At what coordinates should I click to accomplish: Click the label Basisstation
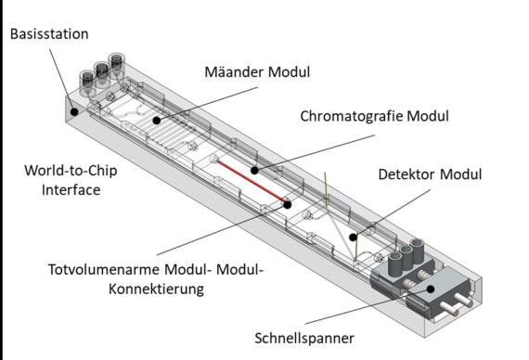pyautogui.click(x=49, y=34)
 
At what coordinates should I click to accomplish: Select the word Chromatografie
pyautogui.click(x=352, y=116)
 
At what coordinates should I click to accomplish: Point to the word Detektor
pyautogui.click(x=406, y=174)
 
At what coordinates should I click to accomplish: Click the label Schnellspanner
pyautogui.click(x=304, y=339)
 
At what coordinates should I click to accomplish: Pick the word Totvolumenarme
pyautogui.click(x=104, y=270)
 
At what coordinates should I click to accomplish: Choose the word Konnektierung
pyautogui.click(x=156, y=289)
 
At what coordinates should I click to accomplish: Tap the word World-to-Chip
pyautogui.click(x=71, y=171)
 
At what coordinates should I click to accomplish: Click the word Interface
pyautogui.click(x=71, y=189)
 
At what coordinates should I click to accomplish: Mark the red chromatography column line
pyautogui.click(x=252, y=182)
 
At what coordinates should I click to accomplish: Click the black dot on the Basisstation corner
pyautogui.click(x=74, y=111)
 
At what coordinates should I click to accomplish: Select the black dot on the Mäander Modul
pyautogui.click(x=156, y=120)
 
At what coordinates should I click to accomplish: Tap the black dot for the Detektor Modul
pyautogui.click(x=354, y=238)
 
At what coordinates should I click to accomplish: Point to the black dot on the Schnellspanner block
pyautogui.click(x=431, y=289)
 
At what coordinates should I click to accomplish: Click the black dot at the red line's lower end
pyautogui.click(x=287, y=204)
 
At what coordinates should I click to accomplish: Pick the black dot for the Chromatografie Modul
pyautogui.click(x=254, y=171)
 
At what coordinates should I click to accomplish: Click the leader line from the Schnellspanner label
pyautogui.click(x=368, y=306)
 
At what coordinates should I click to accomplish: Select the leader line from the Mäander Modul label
pyautogui.click(x=207, y=104)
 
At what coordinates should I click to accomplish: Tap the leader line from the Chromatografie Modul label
pyautogui.click(x=315, y=153)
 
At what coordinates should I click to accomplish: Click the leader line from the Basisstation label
pyautogui.click(x=62, y=81)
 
